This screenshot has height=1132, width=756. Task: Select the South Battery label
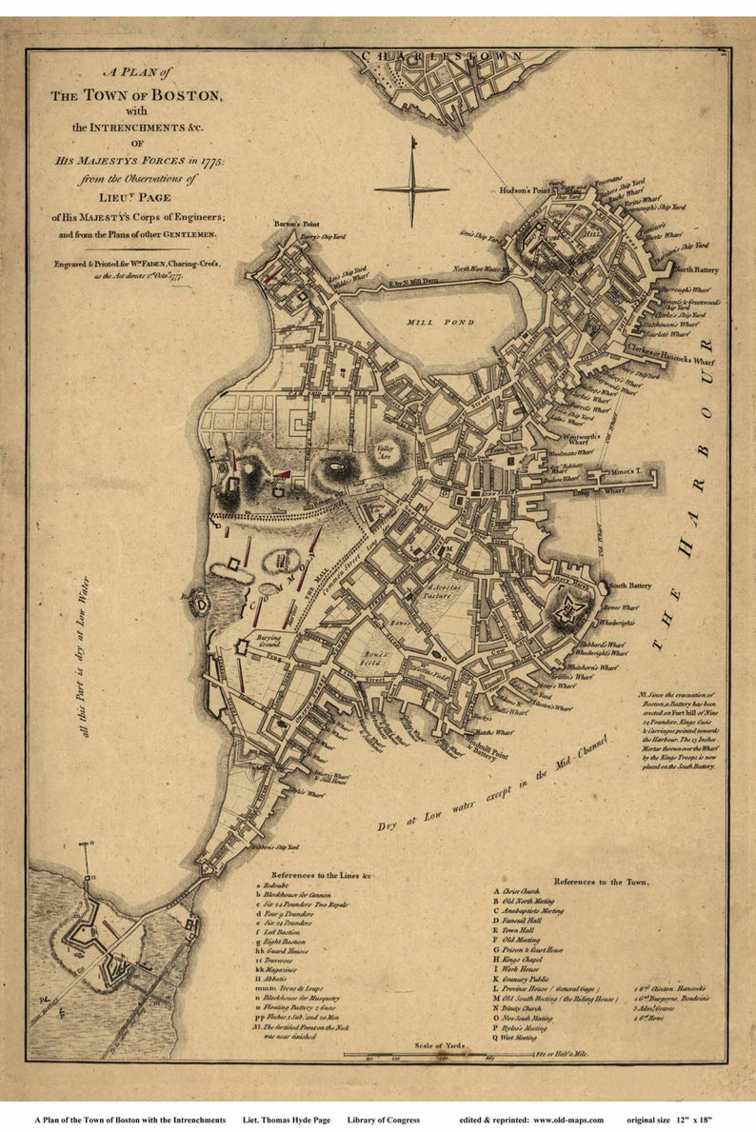click(629, 586)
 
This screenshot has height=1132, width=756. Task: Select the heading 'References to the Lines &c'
click(321, 873)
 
